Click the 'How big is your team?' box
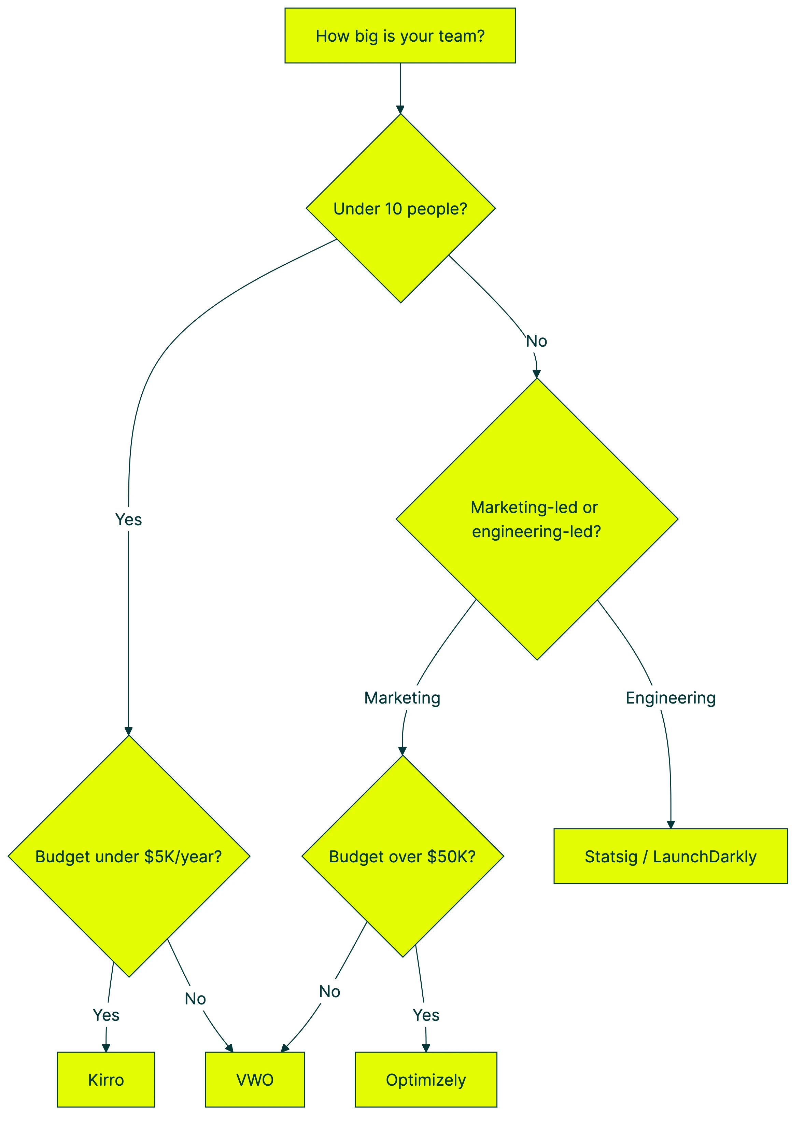tap(400, 36)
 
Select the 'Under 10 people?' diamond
tap(400, 208)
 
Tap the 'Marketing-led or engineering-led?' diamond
tap(537, 519)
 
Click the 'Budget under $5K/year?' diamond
tap(129, 856)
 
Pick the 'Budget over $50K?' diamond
tap(402, 856)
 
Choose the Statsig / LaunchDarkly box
tap(670, 856)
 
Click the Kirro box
tap(106, 1080)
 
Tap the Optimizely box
tap(426, 1080)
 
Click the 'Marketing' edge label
tap(402, 698)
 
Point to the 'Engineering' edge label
tap(670, 698)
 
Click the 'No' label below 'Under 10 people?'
tap(536, 341)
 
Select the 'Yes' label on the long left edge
tap(129, 519)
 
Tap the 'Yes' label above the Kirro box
tap(106, 1015)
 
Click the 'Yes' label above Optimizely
tap(426, 1015)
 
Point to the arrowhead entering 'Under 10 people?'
tap(400, 109)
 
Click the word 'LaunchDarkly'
tap(705, 856)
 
